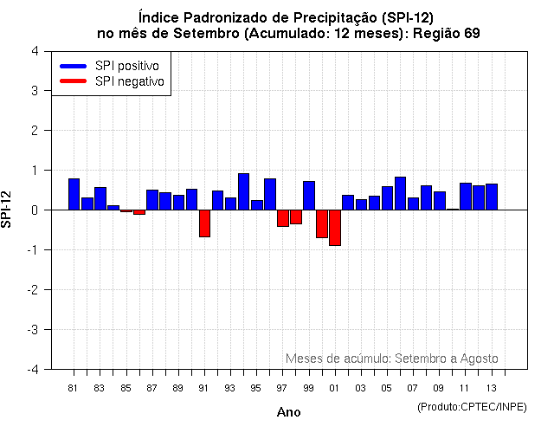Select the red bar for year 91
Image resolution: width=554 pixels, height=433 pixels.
click(x=204, y=223)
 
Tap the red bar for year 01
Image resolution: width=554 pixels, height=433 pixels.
click(x=335, y=228)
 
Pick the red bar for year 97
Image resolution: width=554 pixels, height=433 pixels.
click(x=283, y=218)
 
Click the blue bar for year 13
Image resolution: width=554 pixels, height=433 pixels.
click(x=492, y=197)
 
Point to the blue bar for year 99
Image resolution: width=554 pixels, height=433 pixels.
click(x=309, y=196)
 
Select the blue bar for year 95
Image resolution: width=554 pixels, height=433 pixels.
click(x=257, y=205)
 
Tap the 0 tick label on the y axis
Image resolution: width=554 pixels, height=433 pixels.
click(x=34, y=210)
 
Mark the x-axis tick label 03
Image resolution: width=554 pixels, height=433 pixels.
click(x=360, y=387)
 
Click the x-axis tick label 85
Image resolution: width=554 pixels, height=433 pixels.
click(x=126, y=387)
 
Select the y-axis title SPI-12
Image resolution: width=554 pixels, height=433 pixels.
click(x=8, y=210)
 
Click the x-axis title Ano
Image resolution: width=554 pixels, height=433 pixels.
click(x=288, y=413)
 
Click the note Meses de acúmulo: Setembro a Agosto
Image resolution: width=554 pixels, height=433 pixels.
click(x=391, y=359)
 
